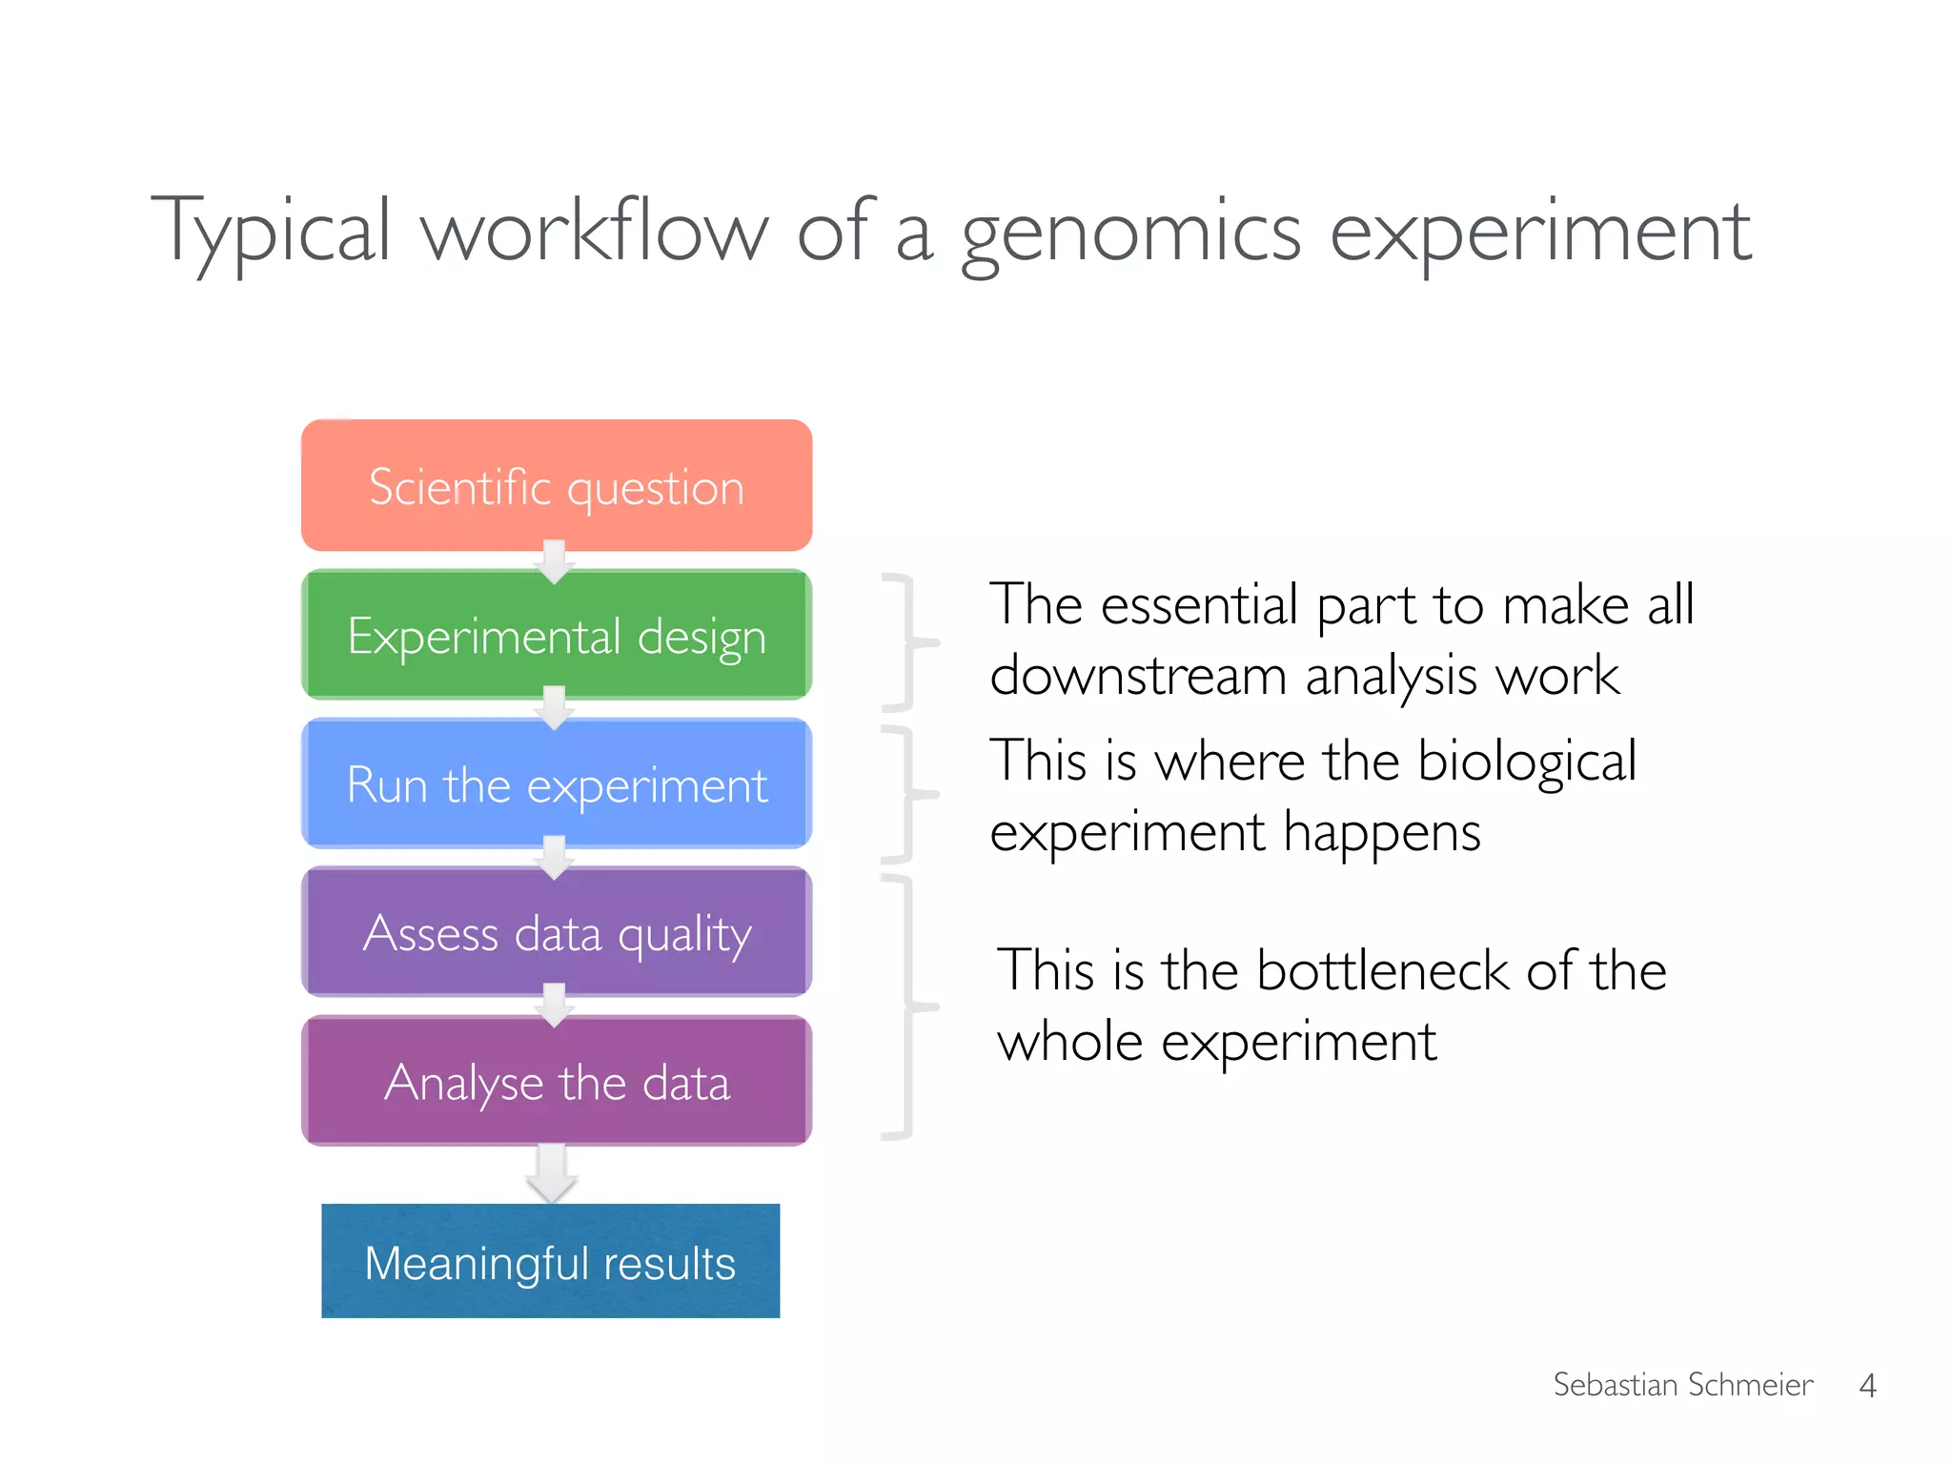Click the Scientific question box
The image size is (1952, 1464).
tap(557, 486)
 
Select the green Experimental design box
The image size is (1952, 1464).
tap(557, 636)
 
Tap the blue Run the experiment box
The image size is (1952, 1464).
tap(557, 784)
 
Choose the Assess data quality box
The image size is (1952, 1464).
tap(557, 933)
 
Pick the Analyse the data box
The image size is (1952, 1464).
tap(557, 1082)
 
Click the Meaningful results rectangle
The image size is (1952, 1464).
tap(550, 1261)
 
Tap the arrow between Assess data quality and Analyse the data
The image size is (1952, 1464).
tap(554, 1006)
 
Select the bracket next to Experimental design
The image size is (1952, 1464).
tap(909, 642)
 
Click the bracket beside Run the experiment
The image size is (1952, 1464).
tap(909, 793)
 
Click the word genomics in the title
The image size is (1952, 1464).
tap(1130, 234)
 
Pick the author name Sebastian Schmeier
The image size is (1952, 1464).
tap(1682, 1384)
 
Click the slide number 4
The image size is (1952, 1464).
tap(1867, 1385)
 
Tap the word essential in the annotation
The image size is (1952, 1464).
tap(1199, 605)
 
